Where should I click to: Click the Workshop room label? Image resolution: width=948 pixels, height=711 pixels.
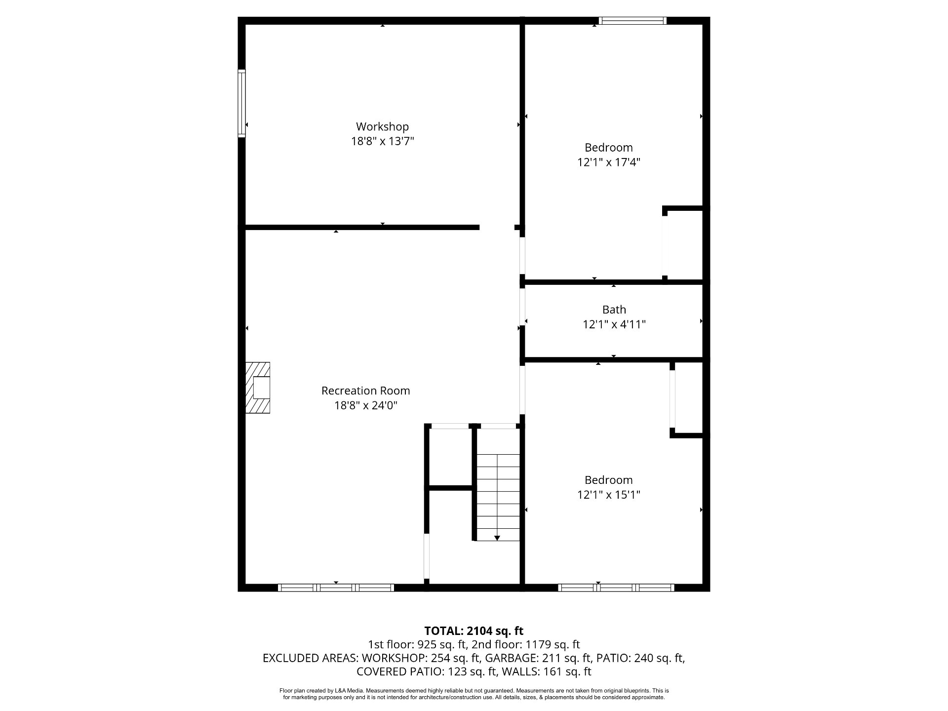pyautogui.click(x=382, y=127)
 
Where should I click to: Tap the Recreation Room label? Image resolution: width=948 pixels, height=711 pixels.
pyautogui.click(x=365, y=391)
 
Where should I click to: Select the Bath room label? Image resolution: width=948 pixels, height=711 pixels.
pyautogui.click(x=614, y=310)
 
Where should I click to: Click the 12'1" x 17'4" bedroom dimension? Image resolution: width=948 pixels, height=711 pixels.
pyautogui.click(x=608, y=162)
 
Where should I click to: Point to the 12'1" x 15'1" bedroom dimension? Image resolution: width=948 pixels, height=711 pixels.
pyautogui.click(x=608, y=495)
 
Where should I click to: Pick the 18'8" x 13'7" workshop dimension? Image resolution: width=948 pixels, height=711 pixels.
pyautogui.click(x=382, y=142)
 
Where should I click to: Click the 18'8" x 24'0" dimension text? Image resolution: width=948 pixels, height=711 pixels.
pyautogui.click(x=365, y=405)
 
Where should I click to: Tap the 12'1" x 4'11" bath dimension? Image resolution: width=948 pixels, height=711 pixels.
pyautogui.click(x=614, y=324)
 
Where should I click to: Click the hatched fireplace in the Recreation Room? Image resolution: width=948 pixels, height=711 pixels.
pyautogui.click(x=258, y=388)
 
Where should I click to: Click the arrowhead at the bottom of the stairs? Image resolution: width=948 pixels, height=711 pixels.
pyautogui.click(x=497, y=538)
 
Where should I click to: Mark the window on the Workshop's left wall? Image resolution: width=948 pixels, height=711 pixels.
pyautogui.click(x=241, y=103)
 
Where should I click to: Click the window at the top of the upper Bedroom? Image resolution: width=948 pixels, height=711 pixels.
pyautogui.click(x=632, y=21)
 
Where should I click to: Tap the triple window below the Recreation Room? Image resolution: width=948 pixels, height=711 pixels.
pyautogui.click(x=336, y=588)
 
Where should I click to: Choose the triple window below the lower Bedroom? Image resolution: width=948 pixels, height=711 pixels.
pyautogui.click(x=616, y=588)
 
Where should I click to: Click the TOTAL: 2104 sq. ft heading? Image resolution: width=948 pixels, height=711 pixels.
pyautogui.click(x=474, y=631)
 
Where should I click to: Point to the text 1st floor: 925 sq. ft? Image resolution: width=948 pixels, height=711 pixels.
pyautogui.click(x=417, y=644)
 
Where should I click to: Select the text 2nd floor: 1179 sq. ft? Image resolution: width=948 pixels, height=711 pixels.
pyautogui.click(x=525, y=644)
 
